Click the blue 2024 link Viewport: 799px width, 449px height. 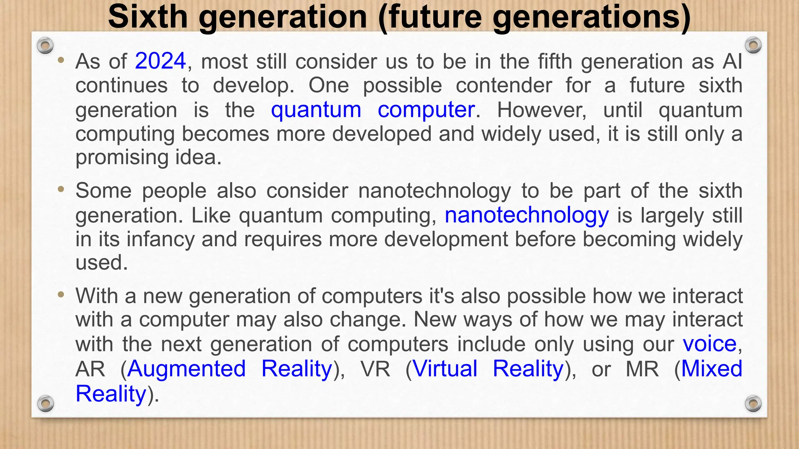tap(160, 62)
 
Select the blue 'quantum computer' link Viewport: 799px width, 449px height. tap(373, 110)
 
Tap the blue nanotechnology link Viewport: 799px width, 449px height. tap(527, 216)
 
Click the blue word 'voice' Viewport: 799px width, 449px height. tap(710, 344)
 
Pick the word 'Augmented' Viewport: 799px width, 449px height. tap(186, 369)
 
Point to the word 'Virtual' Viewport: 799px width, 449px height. tap(445, 369)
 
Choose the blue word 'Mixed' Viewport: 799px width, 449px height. tap(712, 369)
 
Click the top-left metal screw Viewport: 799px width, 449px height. tap(45, 46)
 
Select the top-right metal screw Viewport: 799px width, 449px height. tap(753, 46)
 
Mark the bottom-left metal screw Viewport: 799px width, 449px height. tap(45, 403)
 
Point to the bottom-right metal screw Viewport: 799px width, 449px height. tap(753, 403)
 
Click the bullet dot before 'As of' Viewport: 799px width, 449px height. tap(60, 60)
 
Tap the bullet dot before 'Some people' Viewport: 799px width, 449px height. tap(60, 190)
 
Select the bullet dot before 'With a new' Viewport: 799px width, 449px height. tap(60, 295)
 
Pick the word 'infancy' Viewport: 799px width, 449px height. tap(160, 239)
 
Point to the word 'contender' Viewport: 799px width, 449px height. tap(504, 86)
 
